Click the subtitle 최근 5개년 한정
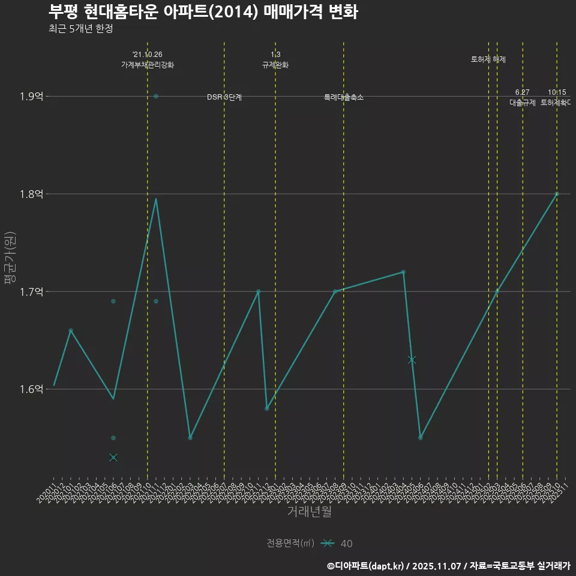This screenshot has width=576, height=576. click(x=80, y=28)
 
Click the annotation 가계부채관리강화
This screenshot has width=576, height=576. click(x=148, y=65)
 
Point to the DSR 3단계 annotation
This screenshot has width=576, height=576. click(x=224, y=97)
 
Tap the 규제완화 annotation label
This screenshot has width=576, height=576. click(x=275, y=65)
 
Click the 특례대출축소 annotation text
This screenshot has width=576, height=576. click(x=344, y=97)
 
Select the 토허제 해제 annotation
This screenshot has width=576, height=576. click(x=488, y=59)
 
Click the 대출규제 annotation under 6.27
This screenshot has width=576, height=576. click(x=523, y=103)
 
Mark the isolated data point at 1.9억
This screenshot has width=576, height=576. click(x=156, y=96)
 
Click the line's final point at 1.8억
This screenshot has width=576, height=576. click(x=557, y=194)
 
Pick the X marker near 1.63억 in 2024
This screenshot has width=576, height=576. click(x=412, y=360)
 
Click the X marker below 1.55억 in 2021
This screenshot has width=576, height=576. click(x=113, y=457)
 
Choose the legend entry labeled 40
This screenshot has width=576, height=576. click(x=346, y=544)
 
